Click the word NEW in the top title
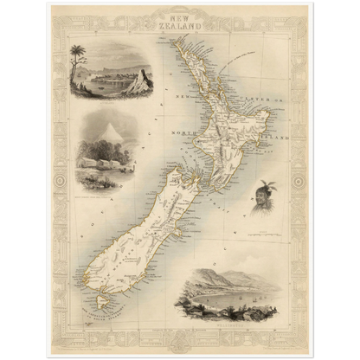[x=180, y=16]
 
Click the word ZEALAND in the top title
[x=180, y=26]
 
